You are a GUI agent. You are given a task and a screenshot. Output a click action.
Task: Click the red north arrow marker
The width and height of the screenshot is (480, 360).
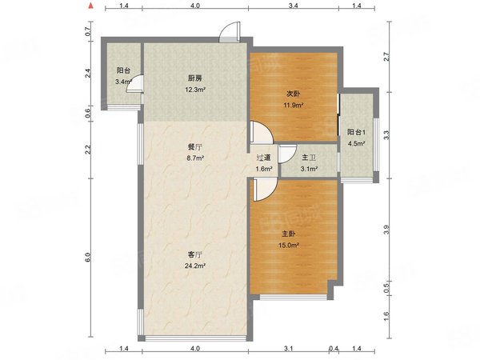click(90, 6)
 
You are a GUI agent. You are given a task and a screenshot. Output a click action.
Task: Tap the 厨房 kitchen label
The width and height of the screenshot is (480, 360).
click(194, 78)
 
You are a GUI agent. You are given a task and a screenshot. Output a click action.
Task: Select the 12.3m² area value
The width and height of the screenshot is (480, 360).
click(194, 90)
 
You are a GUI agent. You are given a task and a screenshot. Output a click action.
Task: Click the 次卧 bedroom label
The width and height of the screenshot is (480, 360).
click(293, 94)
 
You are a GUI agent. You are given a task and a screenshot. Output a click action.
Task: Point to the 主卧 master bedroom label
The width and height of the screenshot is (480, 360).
click(288, 234)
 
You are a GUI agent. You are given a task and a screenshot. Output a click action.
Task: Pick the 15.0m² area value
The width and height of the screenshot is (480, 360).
click(288, 246)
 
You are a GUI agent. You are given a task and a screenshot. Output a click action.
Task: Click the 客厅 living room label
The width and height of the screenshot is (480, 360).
click(194, 254)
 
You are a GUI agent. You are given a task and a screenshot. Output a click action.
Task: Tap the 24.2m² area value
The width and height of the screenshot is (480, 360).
click(194, 266)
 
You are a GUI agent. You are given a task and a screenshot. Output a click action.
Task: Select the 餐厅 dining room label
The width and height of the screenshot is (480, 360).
click(194, 147)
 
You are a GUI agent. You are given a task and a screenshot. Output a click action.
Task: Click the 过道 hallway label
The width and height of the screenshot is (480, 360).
click(263, 158)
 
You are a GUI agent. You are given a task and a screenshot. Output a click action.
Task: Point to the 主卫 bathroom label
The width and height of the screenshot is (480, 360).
click(309, 158)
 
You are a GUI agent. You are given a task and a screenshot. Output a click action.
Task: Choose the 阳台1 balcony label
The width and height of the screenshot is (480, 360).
click(356, 132)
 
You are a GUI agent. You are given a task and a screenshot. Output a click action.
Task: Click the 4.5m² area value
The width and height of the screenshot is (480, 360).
click(356, 143)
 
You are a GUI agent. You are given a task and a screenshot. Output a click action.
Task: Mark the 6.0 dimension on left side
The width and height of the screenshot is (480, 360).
click(88, 257)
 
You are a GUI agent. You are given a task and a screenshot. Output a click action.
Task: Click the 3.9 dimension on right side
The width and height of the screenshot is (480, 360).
click(386, 230)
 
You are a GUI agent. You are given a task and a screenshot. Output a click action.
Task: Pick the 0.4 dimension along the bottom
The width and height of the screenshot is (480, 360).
click(334, 348)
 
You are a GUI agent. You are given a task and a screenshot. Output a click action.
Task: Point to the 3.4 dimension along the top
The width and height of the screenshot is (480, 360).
click(294, 6)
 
